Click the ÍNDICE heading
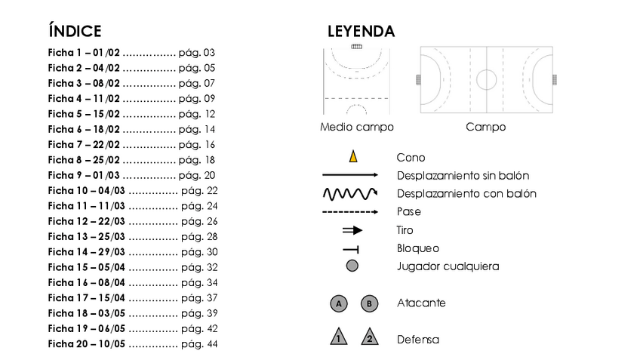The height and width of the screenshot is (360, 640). pyautogui.click(x=75, y=31)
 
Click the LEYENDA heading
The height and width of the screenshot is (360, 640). pyautogui.click(x=361, y=31)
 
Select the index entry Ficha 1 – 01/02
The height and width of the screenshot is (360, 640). pyautogui.click(x=84, y=53)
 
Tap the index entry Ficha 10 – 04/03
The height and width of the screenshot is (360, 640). pyautogui.click(x=87, y=191)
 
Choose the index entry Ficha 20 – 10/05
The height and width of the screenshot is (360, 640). pyautogui.click(x=87, y=343)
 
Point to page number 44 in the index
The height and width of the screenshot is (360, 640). pyautogui.click(x=211, y=343)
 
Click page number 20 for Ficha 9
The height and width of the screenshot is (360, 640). pyautogui.click(x=210, y=175)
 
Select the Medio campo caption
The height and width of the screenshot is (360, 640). pyautogui.click(x=357, y=127)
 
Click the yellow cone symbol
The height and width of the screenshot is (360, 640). pyautogui.click(x=352, y=157)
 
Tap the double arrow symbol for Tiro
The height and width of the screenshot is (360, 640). pyautogui.click(x=352, y=230)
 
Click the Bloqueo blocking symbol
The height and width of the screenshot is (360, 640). pyautogui.click(x=351, y=248)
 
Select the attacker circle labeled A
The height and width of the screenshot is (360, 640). pyautogui.click(x=340, y=303)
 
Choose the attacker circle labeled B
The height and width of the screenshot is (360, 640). pyautogui.click(x=369, y=303)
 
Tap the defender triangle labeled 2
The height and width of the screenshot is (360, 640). pyautogui.click(x=369, y=337)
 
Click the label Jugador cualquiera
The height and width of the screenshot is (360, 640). pyautogui.click(x=448, y=266)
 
